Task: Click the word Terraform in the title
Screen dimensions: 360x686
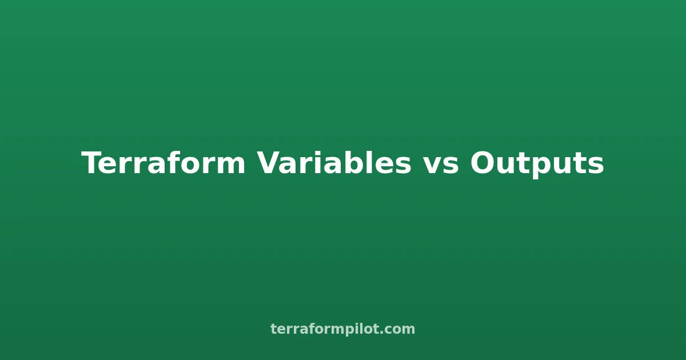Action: (x=163, y=164)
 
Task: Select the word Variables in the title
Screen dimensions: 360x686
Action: (x=334, y=164)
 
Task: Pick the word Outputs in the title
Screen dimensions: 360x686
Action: (x=537, y=164)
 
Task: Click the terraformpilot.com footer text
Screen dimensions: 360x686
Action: (x=343, y=329)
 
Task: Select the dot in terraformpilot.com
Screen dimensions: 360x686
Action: (x=382, y=333)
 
